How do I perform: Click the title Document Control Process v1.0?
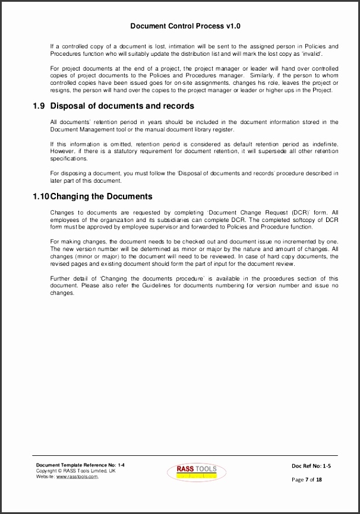click(x=185, y=26)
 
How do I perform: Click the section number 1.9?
click(x=39, y=106)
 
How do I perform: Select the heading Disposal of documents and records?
click(x=122, y=106)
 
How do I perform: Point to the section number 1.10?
click(x=41, y=196)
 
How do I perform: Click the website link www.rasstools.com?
click(x=77, y=476)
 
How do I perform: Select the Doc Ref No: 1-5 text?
click(x=311, y=467)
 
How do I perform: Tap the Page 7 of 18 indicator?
click(x=307, y=479)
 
